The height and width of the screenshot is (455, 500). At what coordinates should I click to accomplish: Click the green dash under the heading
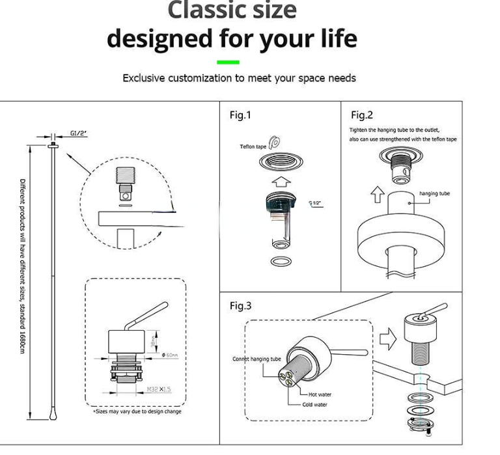click(x=228, y=62)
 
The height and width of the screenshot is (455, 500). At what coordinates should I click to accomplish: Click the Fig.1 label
click(x=240, y=115)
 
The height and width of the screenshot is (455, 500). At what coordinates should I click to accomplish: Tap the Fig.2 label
click(x=362, y=115)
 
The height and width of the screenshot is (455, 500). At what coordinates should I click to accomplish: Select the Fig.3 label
click(x=240, y=306)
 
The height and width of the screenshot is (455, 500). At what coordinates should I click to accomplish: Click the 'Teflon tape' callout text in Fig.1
click(x=253, y=146)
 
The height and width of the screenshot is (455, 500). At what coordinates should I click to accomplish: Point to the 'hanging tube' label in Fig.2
click(x=434, y=193)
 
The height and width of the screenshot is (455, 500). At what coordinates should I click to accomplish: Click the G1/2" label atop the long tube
click(x=79, y=133)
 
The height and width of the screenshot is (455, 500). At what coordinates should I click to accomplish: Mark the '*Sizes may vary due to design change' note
click(x=137, y=411)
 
